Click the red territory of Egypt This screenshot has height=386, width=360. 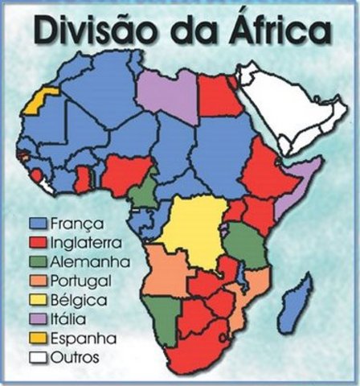coord(217,95)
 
